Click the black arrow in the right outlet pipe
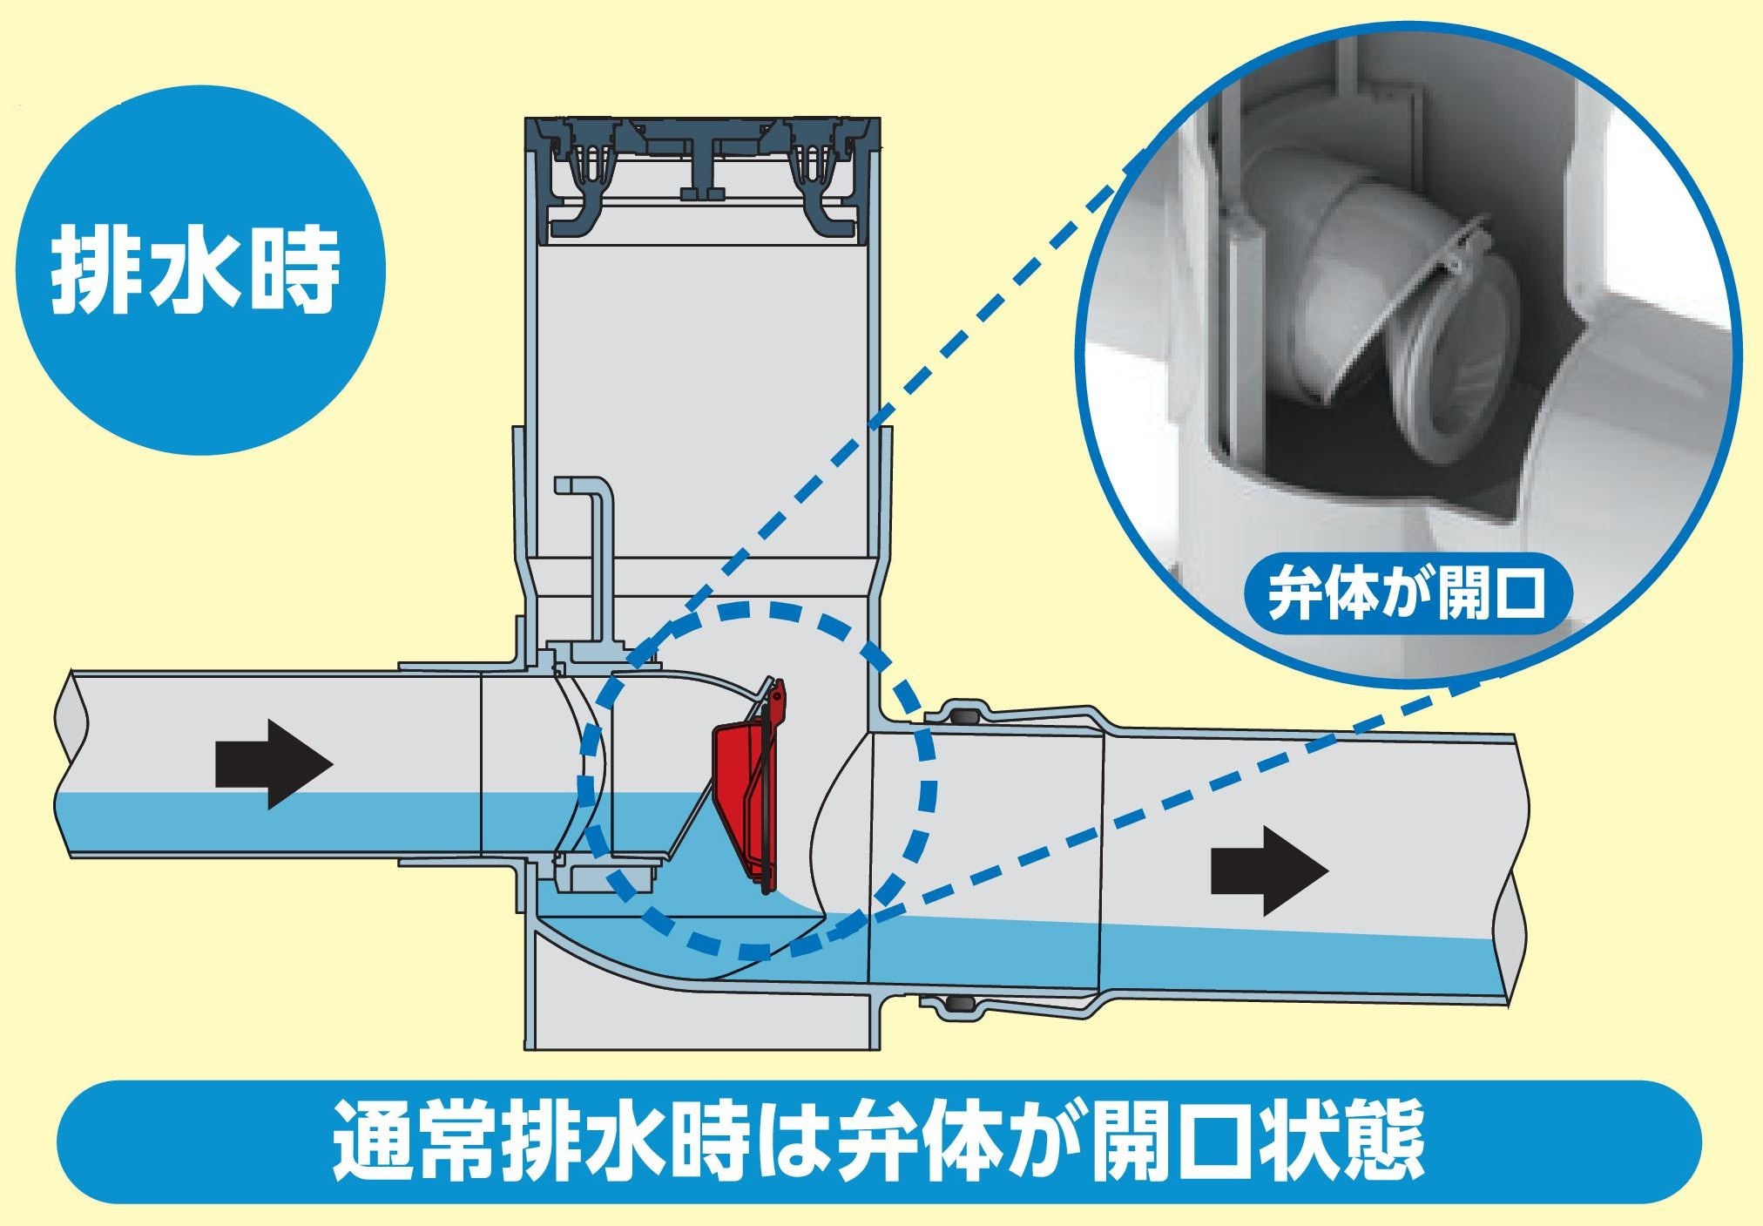point(1268,870)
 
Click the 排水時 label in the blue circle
point(195,270)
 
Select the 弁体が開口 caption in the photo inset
point(1408,592)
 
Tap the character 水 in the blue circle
point(195,270)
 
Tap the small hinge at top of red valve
point(776,697)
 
